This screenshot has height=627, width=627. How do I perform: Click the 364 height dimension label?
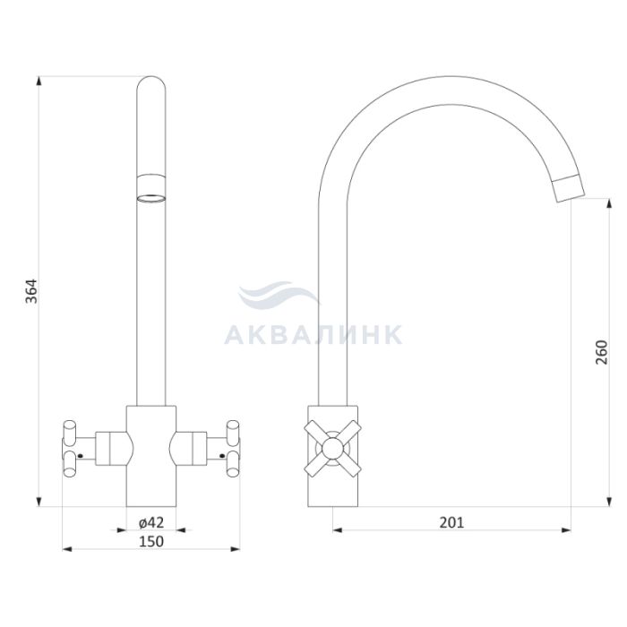pos(31,291)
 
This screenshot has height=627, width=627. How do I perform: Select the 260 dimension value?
pos(601,352)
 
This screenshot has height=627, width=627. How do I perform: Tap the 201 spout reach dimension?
pos(451,522)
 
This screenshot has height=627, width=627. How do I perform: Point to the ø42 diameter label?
pos(151,522)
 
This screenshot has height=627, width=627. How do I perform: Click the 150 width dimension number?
pos(151,541)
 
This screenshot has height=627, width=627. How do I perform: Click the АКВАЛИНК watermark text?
pos(313,335)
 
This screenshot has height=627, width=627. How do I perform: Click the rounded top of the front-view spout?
pos(150,80)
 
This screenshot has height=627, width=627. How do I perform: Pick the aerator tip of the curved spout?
pos(567,189)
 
